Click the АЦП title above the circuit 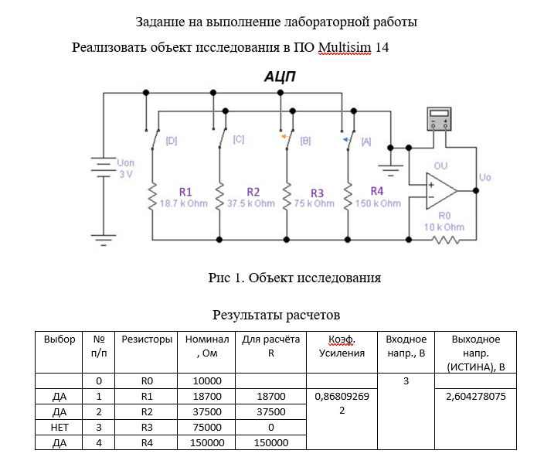[x=280, y=77]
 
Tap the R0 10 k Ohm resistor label [x=444, y=221]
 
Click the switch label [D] [x=172, y=141]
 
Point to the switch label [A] [x=365, y=142]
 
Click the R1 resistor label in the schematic [x=186, y=191]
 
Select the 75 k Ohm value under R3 [x=314, y=203]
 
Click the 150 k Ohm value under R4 [x=378, y=203]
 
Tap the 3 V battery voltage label [x=126, y=175]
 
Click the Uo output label [x=485, y=178]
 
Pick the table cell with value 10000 [x=204, y=380]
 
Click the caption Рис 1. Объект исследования [x=294, y=277]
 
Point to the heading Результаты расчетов [x=276, y=315]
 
